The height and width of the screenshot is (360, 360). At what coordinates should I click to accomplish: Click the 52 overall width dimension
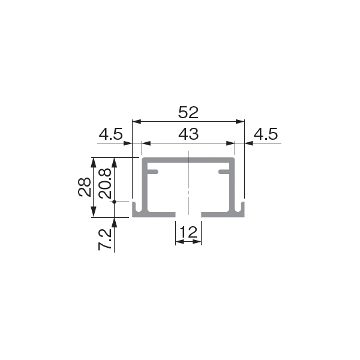[x=188, y=112]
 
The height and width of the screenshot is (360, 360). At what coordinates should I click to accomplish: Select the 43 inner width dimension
[x=188, y=134]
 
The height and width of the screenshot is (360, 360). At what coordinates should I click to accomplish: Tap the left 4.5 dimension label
[x=111, y=134]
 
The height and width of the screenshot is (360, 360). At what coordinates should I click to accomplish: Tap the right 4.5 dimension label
[x=266, y=134]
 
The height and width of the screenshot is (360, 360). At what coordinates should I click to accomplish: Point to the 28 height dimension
[x=85, y=187]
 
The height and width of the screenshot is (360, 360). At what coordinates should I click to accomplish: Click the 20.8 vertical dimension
[x=105, y=183]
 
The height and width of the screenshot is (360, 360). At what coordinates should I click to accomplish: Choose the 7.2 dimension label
[x=105, y=239]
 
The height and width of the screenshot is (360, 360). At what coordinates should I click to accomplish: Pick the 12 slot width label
[x=188, y=232]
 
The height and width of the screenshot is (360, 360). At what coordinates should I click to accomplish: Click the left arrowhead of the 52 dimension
[x=137, y=122]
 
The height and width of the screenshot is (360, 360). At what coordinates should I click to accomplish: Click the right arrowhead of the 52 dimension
[x=240, y=122]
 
